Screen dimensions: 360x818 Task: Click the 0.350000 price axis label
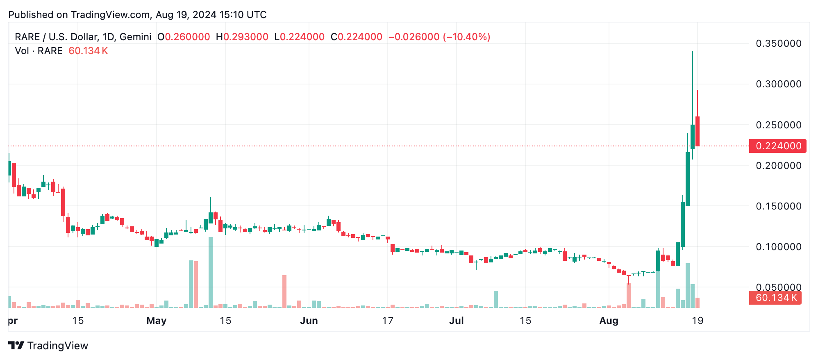tap(778, 43)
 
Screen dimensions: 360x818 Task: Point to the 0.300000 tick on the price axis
tap(778, 84)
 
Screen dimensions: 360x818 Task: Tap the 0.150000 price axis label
tap(778, 206)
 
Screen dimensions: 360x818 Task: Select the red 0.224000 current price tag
tap(777, 146)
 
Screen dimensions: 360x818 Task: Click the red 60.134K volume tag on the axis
tap(775, 298)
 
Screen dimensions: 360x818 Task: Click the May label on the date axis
tap(156, 321)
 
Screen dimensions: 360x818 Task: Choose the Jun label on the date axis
tap(309, 321)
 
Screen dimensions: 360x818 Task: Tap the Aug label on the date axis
tap(609, 321)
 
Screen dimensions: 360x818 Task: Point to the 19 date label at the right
tap(698, 321)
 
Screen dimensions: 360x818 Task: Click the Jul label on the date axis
tap(456, 321)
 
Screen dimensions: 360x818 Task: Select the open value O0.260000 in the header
tap(184, 37)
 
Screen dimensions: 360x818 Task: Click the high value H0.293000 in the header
tap(242, 37)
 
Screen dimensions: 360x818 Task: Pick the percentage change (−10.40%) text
tap(466, 37)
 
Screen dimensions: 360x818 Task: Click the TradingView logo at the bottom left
tap(48, 346)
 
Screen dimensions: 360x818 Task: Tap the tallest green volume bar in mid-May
tap(211, 272)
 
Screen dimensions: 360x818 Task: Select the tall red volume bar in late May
tap(284, 291)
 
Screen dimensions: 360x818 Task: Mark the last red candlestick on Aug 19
tap(698, 131)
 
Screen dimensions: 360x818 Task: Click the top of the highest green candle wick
tap(693, 52)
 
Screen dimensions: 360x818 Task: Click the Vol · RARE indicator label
tap(39, 51)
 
